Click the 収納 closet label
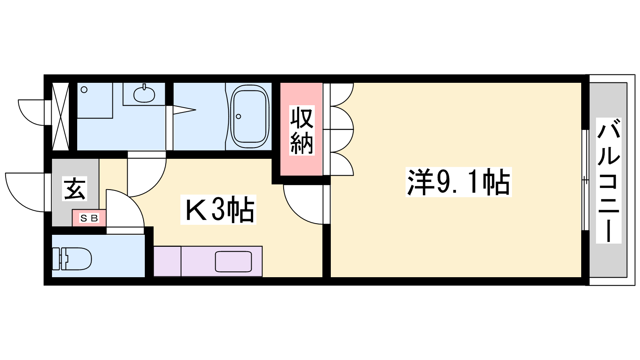pos(302,130)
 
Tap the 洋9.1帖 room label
pos(458,182)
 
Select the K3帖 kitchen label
pos(218,210)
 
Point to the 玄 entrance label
pos(74,188)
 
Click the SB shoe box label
pos(89,218)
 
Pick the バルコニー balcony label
pos(608,180)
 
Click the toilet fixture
pos(72,259)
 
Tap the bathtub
pos(250,116)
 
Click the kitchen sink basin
pos(233,262)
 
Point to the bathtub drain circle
pos(238,116)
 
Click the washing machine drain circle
pos(84,90)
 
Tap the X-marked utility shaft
pos(60,116)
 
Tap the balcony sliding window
pos(586,180)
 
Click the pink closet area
pos(301,129)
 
